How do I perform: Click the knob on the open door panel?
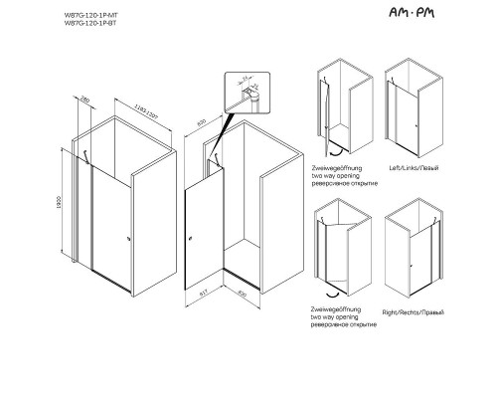pos(191,238)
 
